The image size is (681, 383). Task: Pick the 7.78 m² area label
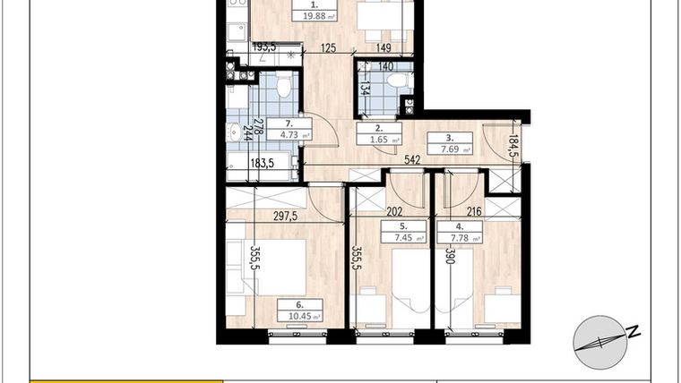[458, 238]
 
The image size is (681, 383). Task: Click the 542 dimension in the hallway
[413, 161]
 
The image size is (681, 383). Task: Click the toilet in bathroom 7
[284, 87]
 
